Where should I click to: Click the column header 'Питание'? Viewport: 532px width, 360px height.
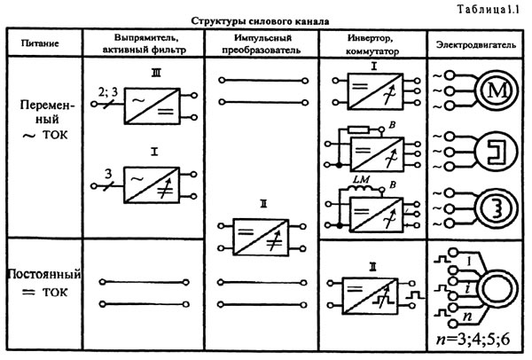click(40, 43)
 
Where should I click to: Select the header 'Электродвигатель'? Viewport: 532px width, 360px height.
click(476, 44)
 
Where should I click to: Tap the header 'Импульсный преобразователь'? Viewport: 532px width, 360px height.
click(262, 43)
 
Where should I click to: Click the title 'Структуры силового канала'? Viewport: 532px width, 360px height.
click(260, 21)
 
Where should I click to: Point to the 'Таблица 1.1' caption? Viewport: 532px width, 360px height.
click(488, 9)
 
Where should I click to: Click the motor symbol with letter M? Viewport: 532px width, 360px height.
click(497, 90)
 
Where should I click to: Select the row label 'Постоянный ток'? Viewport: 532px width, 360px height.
click(44, 283)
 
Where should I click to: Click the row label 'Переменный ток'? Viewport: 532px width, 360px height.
click(46, 120)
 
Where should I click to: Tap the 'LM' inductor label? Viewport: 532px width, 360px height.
click(361, 179)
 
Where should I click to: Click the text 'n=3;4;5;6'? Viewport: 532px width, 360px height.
click(473, 339)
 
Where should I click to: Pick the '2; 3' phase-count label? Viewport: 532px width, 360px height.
click(108, 92)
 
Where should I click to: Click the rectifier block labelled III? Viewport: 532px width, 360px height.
click(152, 106)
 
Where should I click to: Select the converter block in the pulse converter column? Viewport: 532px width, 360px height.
click(261, 237)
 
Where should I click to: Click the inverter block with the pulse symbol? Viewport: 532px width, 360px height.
click(370, 295)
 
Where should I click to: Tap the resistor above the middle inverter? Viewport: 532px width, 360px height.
click(359, 129)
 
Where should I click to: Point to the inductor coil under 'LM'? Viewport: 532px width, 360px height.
click(362, 188)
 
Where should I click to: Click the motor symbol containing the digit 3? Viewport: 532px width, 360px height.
click(497, 207)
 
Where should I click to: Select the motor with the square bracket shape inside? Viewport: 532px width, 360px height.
click(497, 151)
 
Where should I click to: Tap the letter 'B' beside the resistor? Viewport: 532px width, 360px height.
click(392, 125)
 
